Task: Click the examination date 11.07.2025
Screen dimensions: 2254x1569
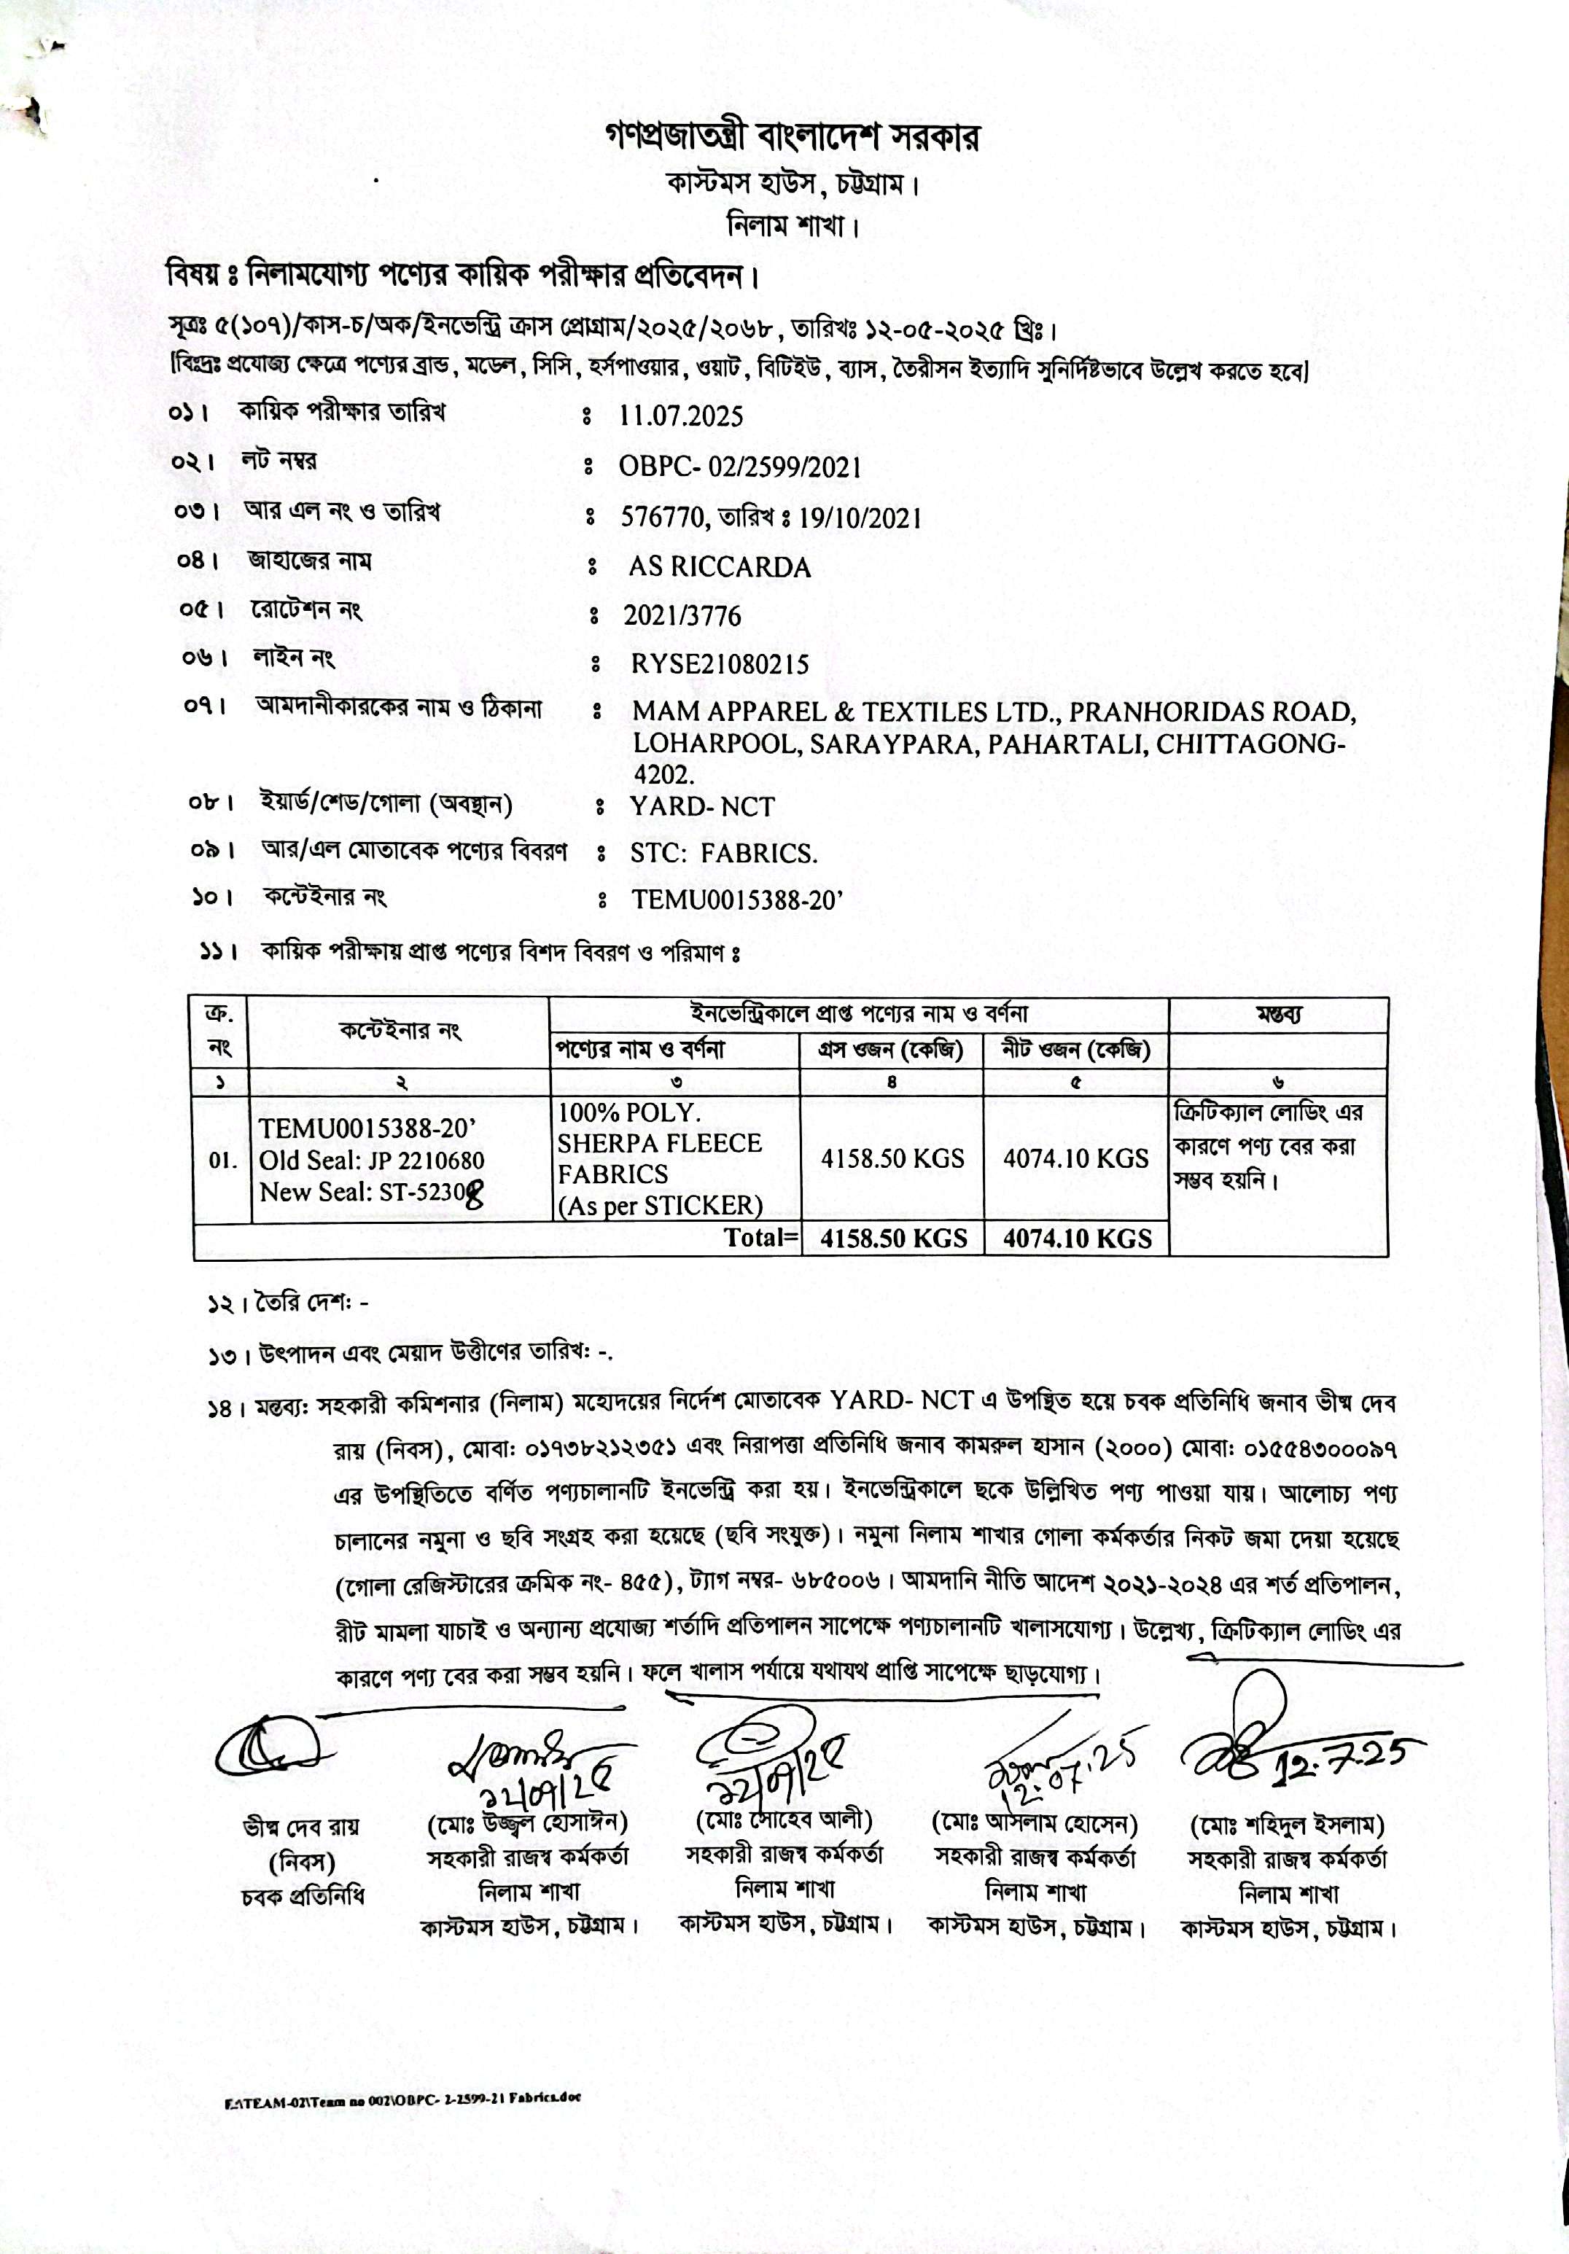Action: tap(680, 416)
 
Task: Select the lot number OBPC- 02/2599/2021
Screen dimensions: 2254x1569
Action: tap(739, 467)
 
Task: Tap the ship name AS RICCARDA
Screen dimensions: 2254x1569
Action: tap(720, 567)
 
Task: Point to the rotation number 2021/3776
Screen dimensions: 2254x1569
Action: tap(682, 615)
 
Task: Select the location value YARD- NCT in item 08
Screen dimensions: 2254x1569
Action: tap(702, 807)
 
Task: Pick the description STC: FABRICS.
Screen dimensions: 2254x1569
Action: tap(724, 853)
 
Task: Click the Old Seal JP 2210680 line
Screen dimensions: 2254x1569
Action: tap(371, 1161)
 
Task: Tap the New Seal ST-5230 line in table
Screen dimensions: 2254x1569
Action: tap(371, 1192)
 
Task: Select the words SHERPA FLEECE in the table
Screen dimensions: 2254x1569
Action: tap(660, 1144)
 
